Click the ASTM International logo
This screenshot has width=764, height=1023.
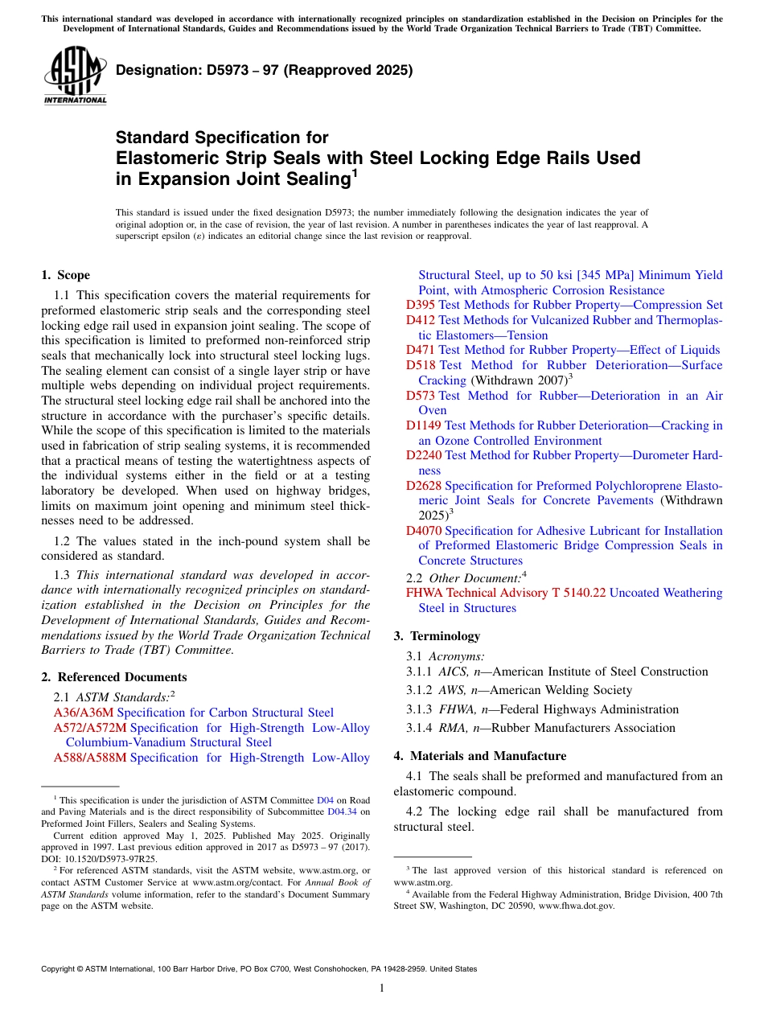75,76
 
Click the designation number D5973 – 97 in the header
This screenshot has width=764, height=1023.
264,70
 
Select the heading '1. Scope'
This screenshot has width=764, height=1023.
65,275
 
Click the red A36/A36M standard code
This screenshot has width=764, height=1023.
84,713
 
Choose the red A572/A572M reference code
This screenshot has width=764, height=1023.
90,728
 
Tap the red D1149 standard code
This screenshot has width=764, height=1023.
424,425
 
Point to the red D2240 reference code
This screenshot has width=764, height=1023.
424,455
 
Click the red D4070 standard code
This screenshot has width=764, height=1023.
424,531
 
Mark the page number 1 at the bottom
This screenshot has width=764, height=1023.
382,988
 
